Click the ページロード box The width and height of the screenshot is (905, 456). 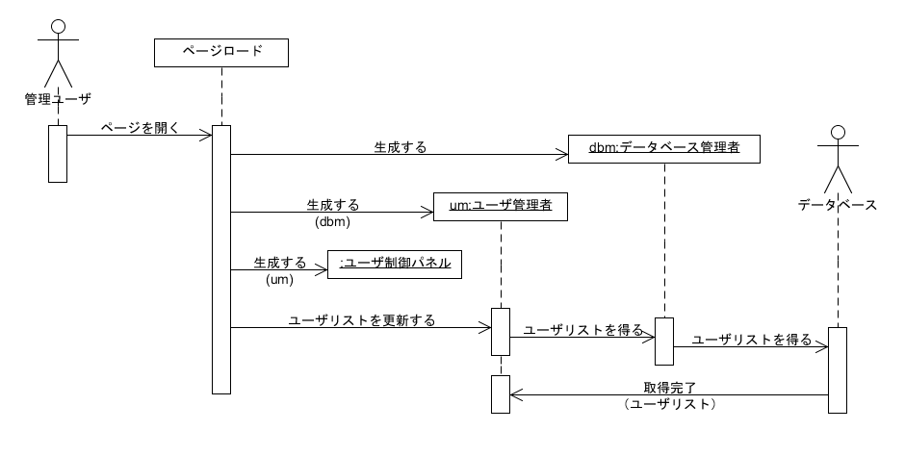221,52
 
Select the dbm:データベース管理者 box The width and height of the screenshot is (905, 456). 663,148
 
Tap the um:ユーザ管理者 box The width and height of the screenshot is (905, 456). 500,206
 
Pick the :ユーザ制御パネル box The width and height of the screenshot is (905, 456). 395,264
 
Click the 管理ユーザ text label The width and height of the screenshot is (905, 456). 58,97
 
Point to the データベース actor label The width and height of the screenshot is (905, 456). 837,204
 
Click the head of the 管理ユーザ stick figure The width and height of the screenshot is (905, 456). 58,25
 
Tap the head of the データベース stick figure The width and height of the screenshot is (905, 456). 837,132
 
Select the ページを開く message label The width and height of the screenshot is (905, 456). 140,127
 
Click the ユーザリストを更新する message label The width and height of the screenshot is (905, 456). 362,319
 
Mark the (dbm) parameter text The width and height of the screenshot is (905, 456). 332,221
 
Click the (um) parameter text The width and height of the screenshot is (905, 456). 279,279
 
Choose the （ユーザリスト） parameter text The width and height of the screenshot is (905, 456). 670,405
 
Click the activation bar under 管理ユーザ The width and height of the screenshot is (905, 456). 58,153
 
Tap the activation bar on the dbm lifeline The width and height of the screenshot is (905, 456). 663,341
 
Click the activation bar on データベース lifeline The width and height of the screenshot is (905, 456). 837,370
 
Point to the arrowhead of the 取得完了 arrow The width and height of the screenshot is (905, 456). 515,394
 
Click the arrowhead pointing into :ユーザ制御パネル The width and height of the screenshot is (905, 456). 322,270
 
